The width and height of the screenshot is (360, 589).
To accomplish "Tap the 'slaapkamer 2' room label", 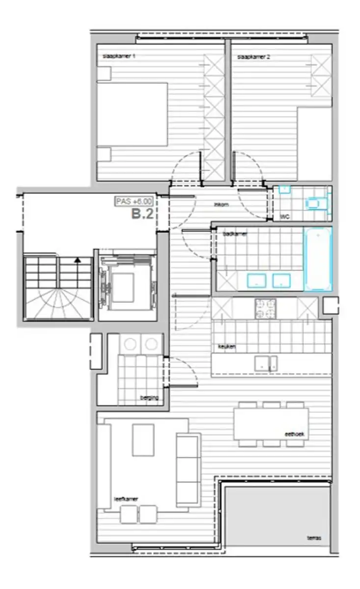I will coord(254,57).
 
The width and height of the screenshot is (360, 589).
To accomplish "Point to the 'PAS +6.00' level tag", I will coord(134,201).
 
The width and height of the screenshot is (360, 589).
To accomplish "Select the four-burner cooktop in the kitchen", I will coord(265,308).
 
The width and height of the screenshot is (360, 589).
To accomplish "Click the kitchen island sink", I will coord(266,363).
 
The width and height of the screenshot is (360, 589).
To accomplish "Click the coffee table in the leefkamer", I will coord(143,439).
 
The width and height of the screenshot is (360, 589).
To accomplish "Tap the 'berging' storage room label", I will coord(150,398).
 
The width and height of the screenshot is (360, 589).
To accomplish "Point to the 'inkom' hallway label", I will coord(222,205).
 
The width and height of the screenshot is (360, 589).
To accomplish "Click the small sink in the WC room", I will coord(284,189).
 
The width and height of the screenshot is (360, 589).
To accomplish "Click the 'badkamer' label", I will coord(234,234).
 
